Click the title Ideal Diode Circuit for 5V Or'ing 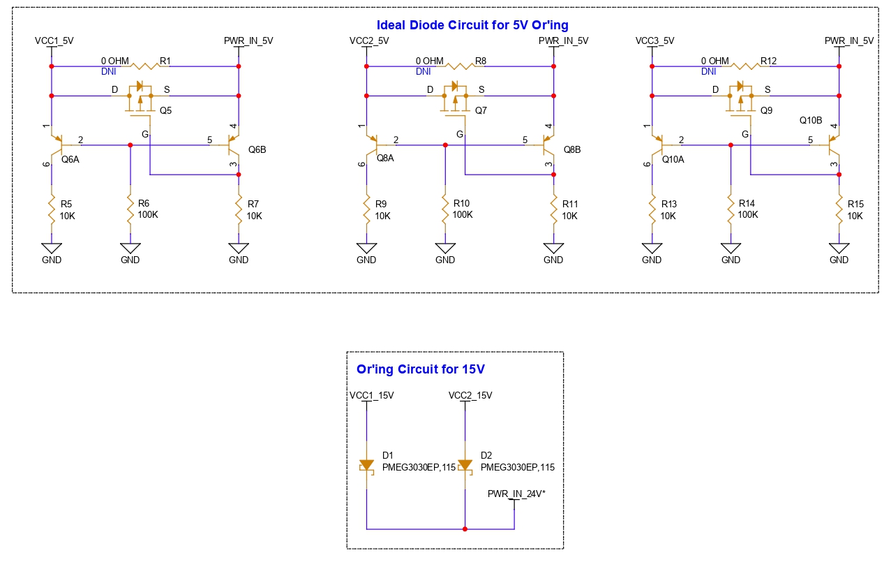[x=472, y=26]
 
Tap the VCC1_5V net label [x=54, y=40]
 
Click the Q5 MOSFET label [x=165, y=110]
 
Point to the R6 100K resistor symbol [x=130, y=209]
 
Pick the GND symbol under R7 [x=239, y=249]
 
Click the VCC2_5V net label [x=369, y=40]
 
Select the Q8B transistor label [x=572, y=149]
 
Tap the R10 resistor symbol [x=445, y=209]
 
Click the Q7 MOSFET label [x=481, y=110]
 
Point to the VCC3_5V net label [x=654, y=40]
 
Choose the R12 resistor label [x=768, y=61]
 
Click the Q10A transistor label [x=673, y=159]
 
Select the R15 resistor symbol [x=839, y=209]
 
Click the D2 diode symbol [x=465, y=465]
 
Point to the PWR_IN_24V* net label [x=516, y=494]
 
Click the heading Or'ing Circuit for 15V [x=420, y=369]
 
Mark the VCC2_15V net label [x=470, y=395]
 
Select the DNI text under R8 [x=423, y=71]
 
